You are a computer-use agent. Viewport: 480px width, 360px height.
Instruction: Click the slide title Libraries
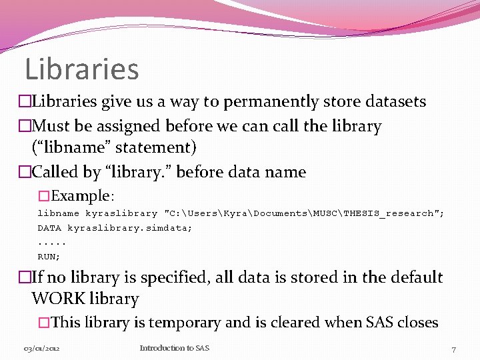81,69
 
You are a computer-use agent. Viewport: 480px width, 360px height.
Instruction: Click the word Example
81,196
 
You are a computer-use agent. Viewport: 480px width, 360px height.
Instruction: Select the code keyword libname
58,213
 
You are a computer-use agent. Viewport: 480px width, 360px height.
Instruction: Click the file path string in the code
304,213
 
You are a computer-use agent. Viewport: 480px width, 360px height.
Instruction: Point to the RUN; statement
49,256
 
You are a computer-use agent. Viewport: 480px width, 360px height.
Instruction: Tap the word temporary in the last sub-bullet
185,323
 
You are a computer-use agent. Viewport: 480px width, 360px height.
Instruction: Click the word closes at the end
418,323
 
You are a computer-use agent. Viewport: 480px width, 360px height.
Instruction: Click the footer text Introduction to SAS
174,348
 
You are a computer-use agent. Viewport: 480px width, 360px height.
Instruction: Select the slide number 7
453,349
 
